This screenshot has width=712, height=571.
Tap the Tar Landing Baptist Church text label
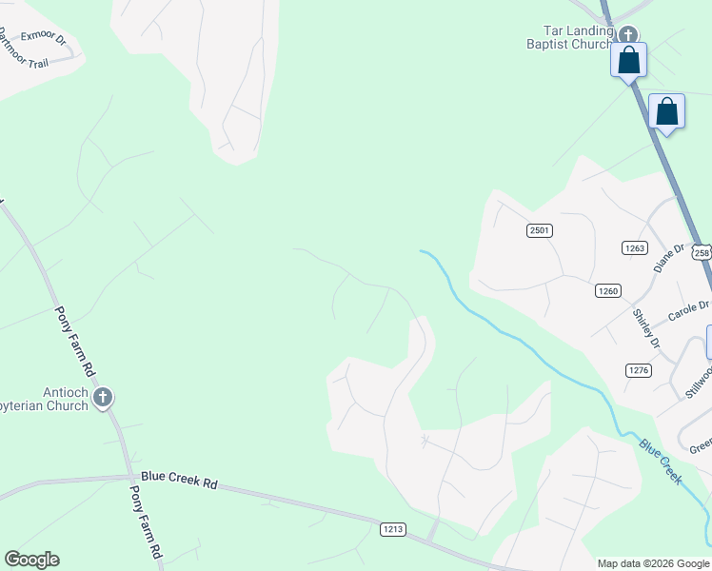(x=571, y=36)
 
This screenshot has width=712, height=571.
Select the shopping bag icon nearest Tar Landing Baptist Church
(x=628, y=60)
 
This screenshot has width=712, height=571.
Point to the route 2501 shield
(x=540, y=230)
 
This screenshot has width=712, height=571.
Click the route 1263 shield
(x=635, y=248)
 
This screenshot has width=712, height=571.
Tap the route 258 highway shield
(x=702, y=252)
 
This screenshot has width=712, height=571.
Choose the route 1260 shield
(x=608, y=290)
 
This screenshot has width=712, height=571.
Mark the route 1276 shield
(x=638, y=369)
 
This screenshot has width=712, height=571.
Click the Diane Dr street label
(x=669, y=257)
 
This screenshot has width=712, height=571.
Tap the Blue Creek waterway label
(x=661, y=462)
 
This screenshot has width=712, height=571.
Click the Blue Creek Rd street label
(x=179, y=482)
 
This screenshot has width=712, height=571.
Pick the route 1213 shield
(x=393, y=528)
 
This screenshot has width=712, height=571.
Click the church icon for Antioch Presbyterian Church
(x=103, y=397)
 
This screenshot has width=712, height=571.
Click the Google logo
(x=31, y=560)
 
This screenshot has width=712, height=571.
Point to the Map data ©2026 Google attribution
(x=652, y=563)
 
